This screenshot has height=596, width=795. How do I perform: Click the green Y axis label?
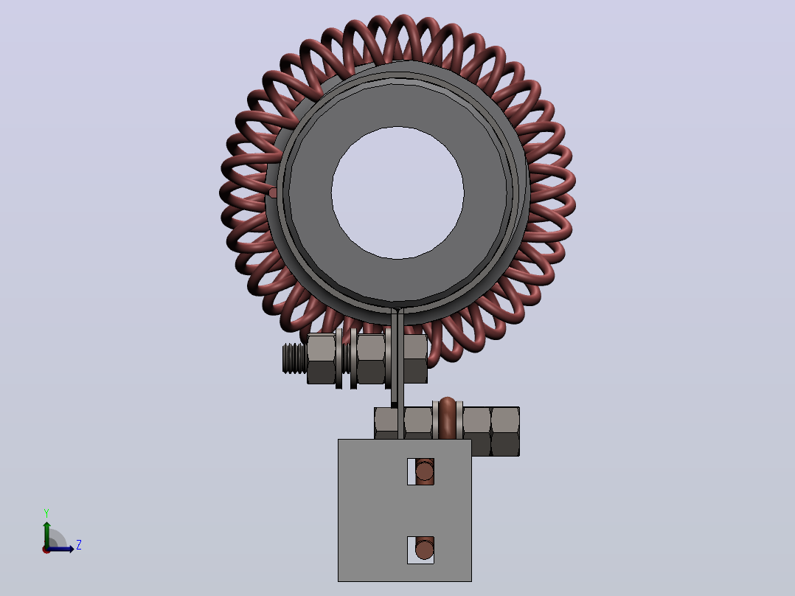coord(46,513)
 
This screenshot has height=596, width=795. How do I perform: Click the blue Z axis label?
coord(79,545)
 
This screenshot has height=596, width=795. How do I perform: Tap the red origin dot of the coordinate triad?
coord(46,550)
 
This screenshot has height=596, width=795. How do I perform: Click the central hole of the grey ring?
coord(397,193)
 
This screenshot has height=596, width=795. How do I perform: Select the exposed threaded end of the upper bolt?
coord(294,358)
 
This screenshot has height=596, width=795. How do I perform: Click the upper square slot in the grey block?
coord(420,472)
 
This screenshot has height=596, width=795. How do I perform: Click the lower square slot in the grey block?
coord(420,550)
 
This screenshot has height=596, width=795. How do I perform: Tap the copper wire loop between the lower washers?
coord(447,417)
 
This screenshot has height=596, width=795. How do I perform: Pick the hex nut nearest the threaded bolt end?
coord(322,358)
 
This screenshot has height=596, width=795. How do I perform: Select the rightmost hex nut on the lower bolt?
coord(505,432)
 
